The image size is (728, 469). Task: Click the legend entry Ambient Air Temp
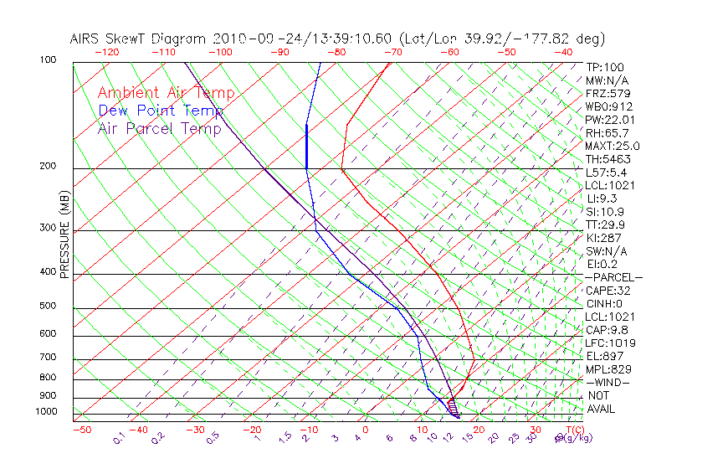pyautogui.click(x=167, y=93)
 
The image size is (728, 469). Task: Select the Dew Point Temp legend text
pyautogui.click(x=161, y=111)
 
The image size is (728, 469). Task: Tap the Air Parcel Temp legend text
pyautogui.click(x=159, y=128)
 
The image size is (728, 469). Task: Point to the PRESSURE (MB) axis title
pyautogui.click(x=64, y=234)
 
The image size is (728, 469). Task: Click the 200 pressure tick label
pyautogui.click(x=49, y=167)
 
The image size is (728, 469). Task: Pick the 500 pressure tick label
pyautogui.click(x=49, y=306)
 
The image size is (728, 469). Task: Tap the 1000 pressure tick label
pyautogui.click(x=46, y=412)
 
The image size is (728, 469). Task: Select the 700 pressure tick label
pyautogui.click(x=49, y=358)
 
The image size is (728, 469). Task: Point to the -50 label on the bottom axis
pyautogui.click(x=81, y=430)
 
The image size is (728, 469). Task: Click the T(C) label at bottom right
pyautogui.click(x=573, y=430)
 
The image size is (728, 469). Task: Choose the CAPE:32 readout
pyautogui.click(x=608, y=291)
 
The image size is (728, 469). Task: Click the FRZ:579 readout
pyautogui.click(x=607, y=93)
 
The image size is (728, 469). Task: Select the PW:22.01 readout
pyautogui.click(x=609, y=120)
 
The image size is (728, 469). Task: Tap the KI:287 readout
pyautogui.click(x=602, y=238)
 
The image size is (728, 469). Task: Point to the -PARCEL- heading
pyautogui.click(x=613, y=277)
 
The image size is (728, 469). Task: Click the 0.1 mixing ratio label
pyautogui.click(x=119, y=437)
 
